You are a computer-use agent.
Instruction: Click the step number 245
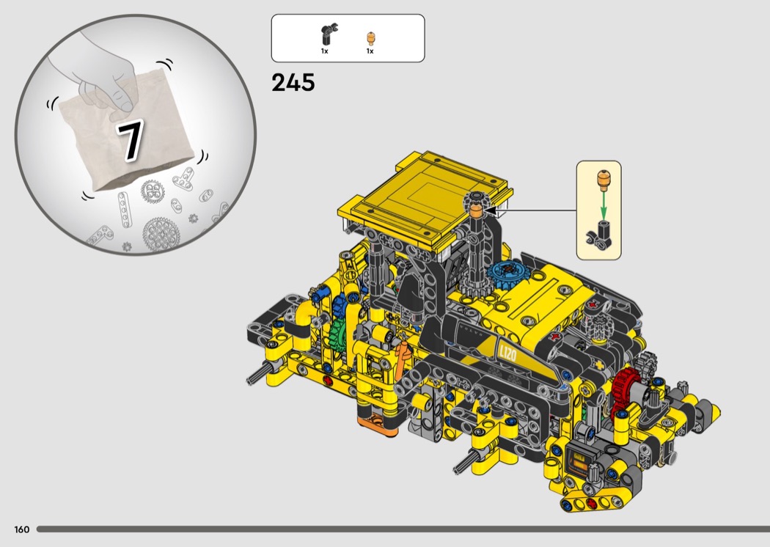point(293,83)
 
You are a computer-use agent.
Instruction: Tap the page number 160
point(21,529)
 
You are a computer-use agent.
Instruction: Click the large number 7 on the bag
point(130,140)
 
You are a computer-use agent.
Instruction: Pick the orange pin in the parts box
point(371,38)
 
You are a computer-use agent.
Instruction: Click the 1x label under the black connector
point(325,51)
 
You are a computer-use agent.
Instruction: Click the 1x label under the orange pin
point(370,51)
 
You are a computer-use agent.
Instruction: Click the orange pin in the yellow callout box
point(603,180)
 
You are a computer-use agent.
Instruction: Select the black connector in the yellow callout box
point(600,234)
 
